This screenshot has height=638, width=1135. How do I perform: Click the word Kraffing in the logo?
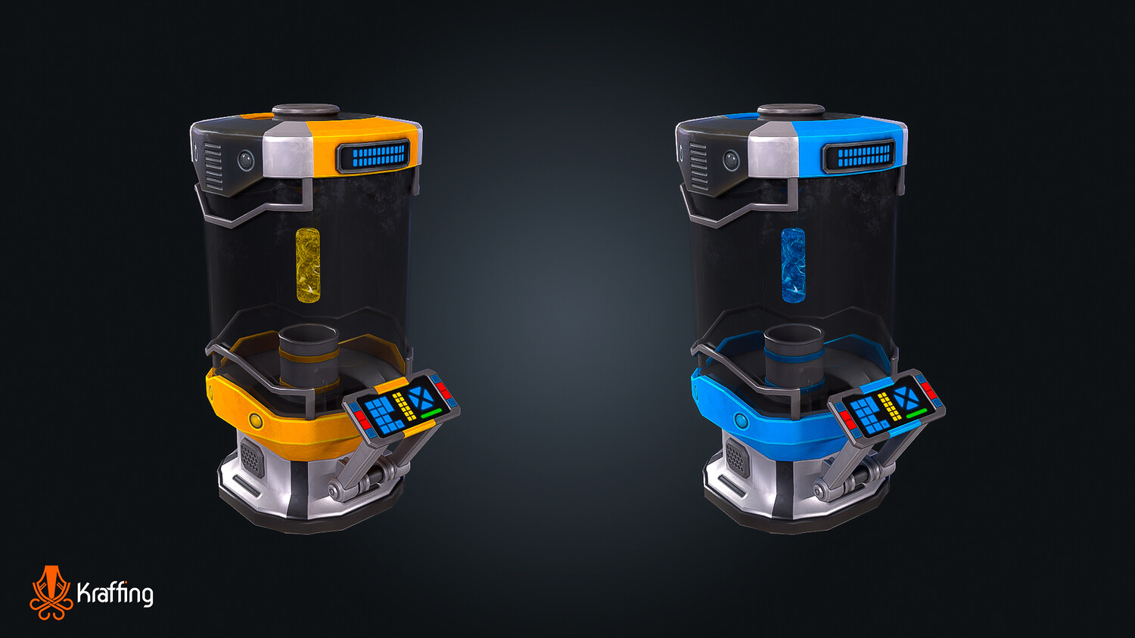[x=115, y=593]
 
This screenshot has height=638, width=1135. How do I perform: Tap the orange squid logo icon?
[x=51, y=593]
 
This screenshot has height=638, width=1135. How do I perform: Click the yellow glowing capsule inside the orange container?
[x=307, y=265]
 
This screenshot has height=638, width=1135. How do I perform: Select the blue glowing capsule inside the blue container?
[x=793, y=265]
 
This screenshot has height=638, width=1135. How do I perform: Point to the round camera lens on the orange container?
[x=246, y=160]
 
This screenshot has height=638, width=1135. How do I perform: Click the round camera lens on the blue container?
[x=731, y=160]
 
